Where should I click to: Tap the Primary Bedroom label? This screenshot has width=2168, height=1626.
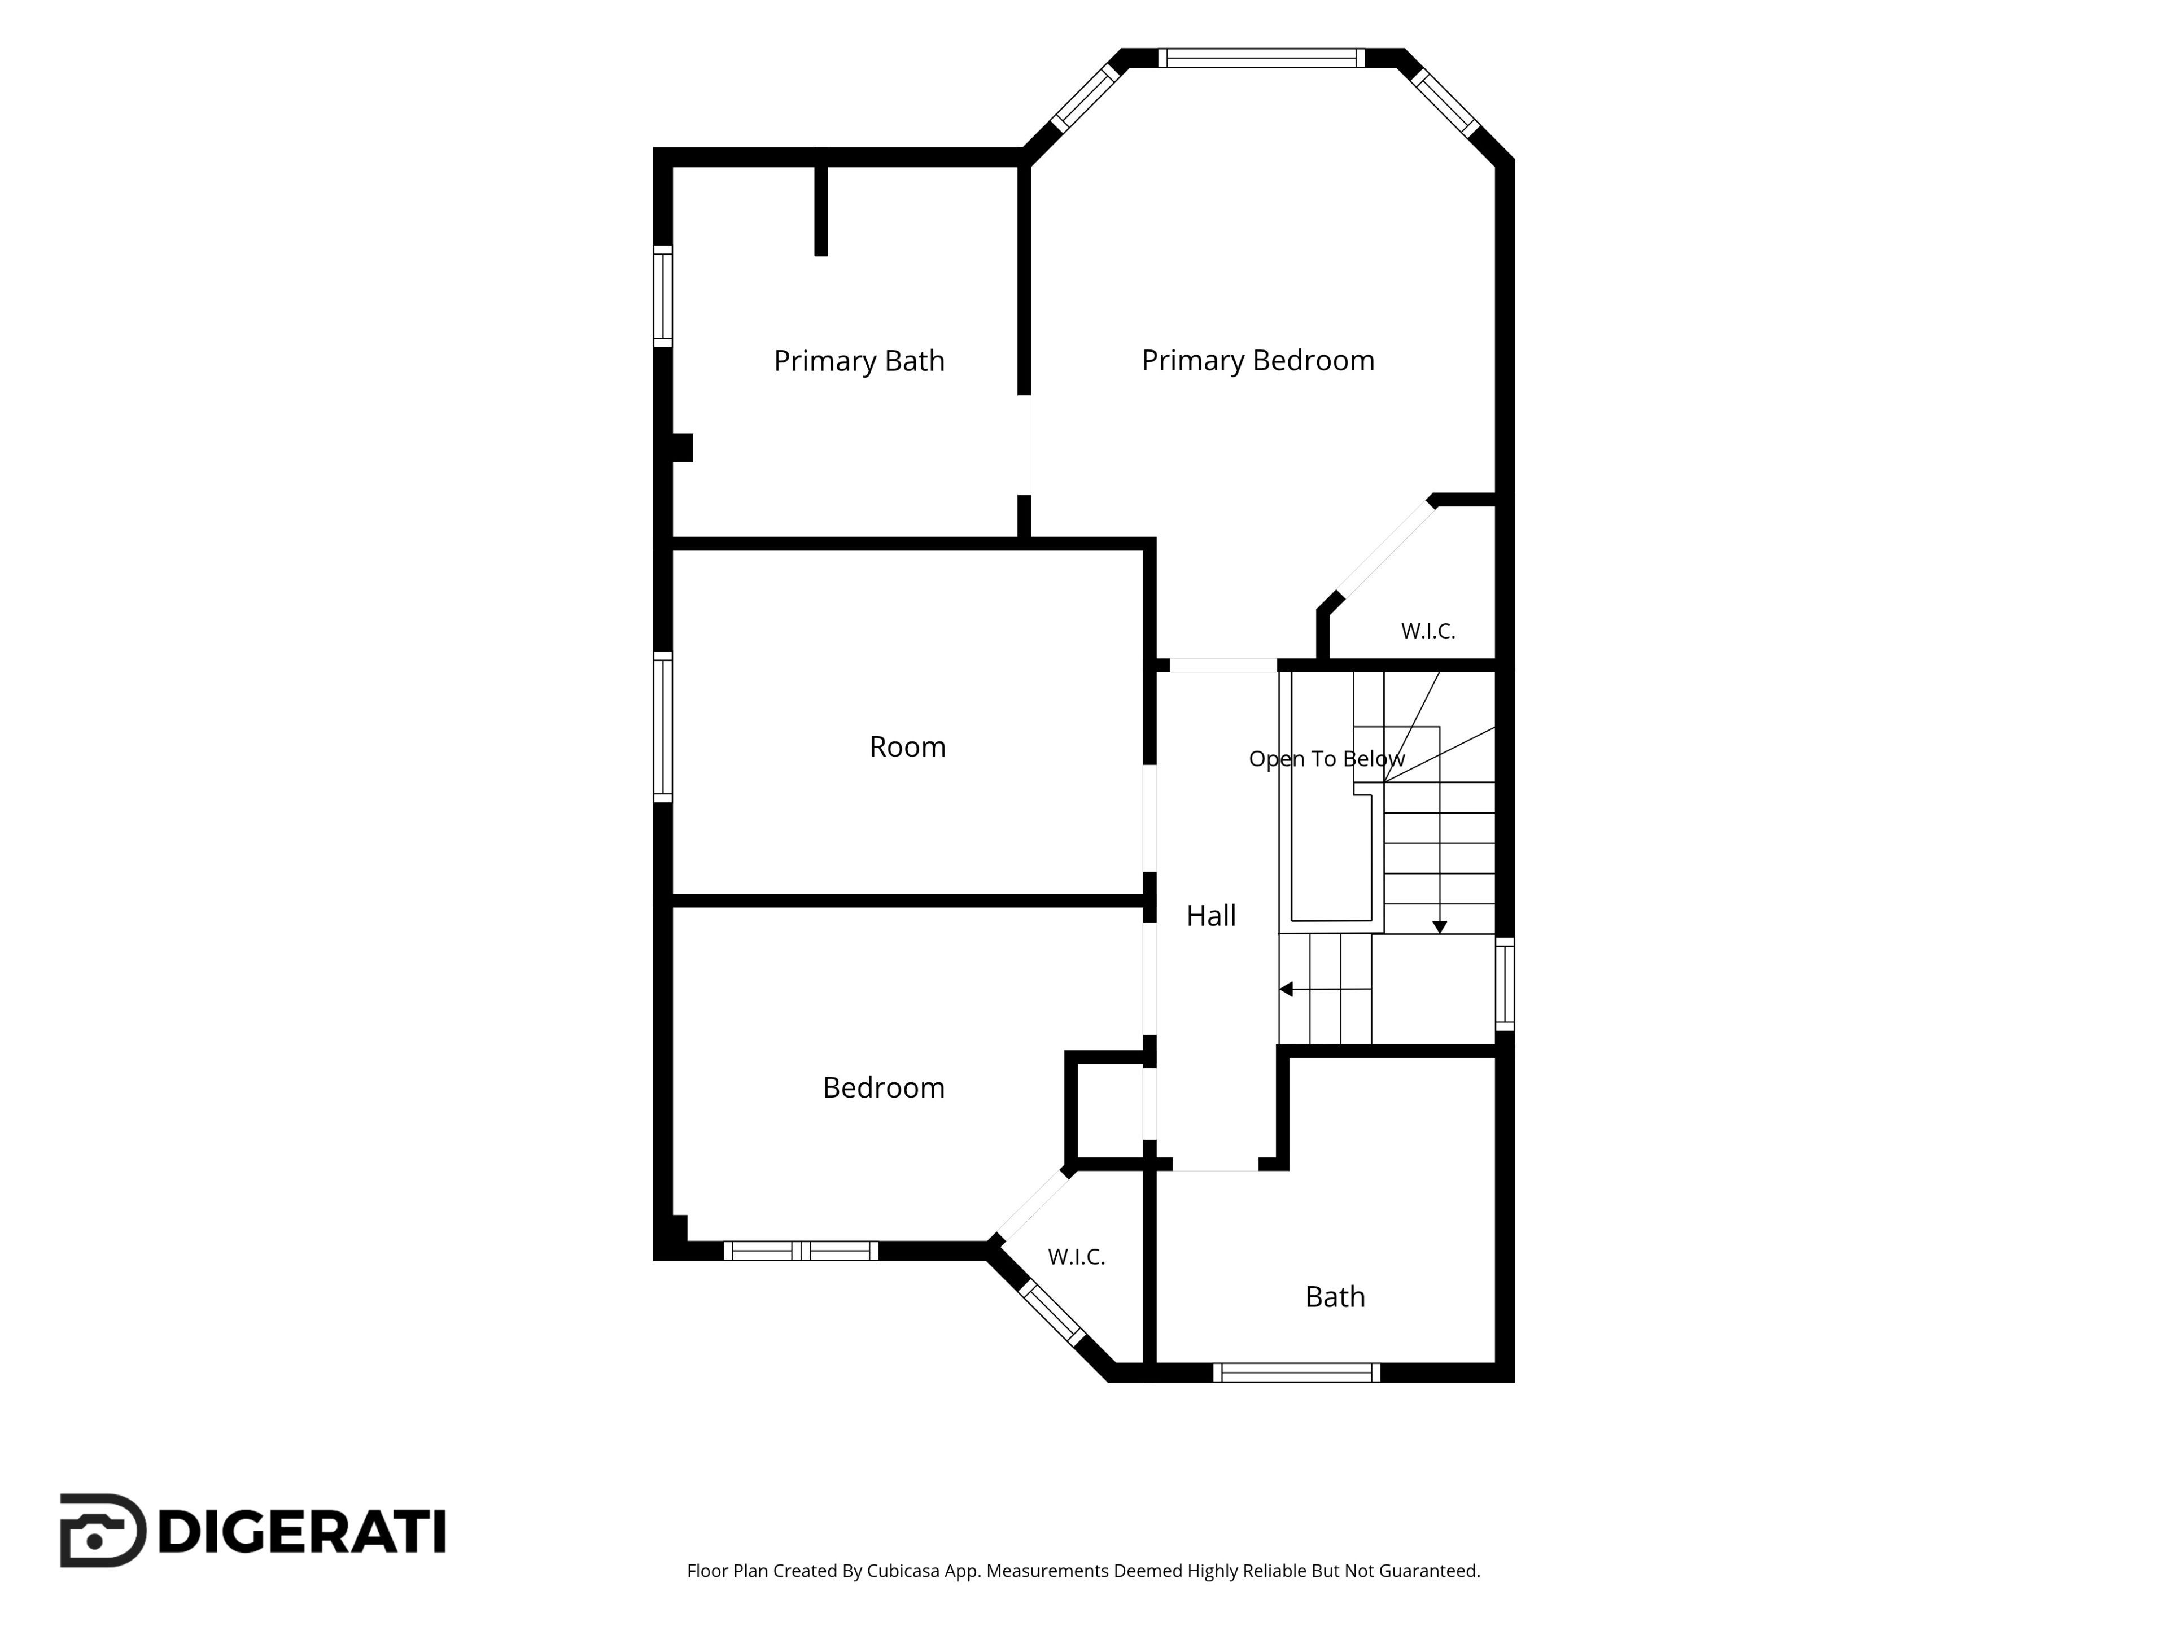pos(1257,361)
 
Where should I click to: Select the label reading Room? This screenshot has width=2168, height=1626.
pos(908,747)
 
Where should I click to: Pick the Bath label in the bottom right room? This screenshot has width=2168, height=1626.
pos(1335,1297)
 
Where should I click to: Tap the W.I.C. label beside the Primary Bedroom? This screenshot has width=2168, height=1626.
pos(1428,631)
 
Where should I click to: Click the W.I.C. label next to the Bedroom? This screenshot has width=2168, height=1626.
pos(1076,1257)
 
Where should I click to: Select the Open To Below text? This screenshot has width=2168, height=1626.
pos(1326,759)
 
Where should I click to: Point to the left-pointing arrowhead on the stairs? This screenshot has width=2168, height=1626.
pos(1286,989)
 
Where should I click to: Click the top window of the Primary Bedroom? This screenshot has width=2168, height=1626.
pos(1261,58)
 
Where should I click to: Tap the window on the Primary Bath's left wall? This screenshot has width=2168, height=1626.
pos(663,296)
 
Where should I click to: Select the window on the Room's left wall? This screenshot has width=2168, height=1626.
pos(663,727)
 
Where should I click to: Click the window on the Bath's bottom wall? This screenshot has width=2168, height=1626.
pos(1297,1372)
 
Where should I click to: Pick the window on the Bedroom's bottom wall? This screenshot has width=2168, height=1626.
pos(801,1251)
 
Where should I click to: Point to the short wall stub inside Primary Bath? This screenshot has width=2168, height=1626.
pos(821,207)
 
